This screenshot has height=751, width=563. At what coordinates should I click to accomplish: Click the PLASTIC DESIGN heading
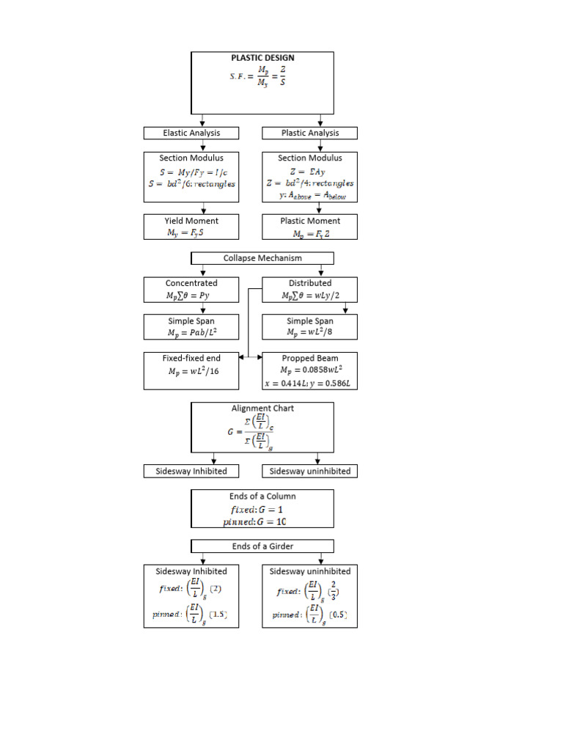[x=262, y=58]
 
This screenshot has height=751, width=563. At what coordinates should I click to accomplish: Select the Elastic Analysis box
[x=191, y=133]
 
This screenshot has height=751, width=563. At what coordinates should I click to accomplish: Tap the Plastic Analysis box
[x=310, y=133]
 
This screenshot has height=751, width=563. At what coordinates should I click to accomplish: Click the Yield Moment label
[x=191, y=221]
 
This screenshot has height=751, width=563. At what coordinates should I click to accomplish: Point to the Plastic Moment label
[x=310, y=221]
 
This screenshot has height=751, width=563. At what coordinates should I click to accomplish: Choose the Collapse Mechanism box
[x=262, y=258]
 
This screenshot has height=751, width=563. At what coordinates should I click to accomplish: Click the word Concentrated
[x=191, y=283]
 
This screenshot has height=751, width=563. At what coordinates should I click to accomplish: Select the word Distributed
[x=310, y=283]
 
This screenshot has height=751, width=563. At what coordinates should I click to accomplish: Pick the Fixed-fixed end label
[x=191, y=358]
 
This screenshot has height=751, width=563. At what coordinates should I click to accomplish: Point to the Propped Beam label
[x=310, y=358]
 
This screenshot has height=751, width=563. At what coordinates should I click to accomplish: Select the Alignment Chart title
[x=262, y=409]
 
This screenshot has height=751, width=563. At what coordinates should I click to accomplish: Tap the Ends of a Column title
[x=262, y=497]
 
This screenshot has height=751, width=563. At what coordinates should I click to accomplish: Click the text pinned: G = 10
[x=254, y=521]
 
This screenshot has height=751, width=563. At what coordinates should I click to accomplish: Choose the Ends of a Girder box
[x=262, y=546]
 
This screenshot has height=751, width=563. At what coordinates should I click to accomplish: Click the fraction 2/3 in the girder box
[x=334, y=589]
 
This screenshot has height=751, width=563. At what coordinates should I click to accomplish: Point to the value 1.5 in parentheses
[x=217, y=615]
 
